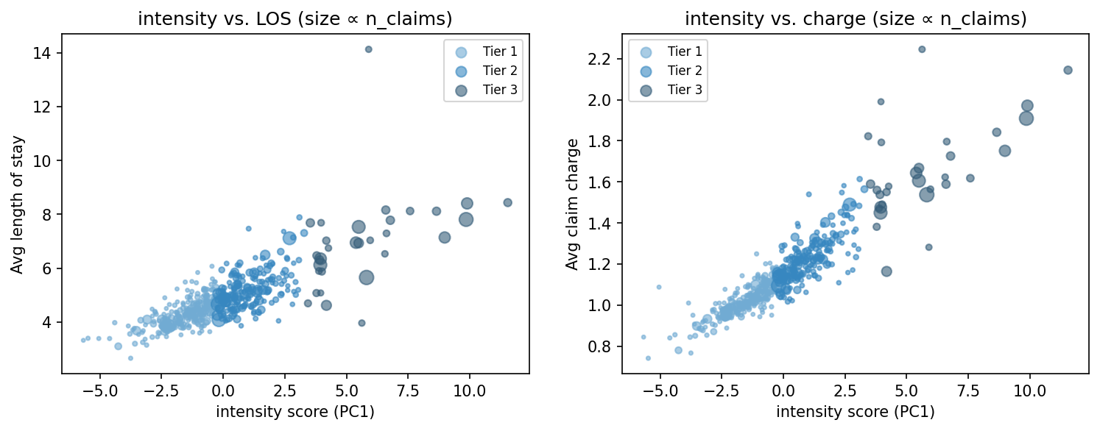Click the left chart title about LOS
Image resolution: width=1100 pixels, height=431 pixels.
click(295, 19)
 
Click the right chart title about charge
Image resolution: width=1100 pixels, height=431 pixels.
click(855, 19)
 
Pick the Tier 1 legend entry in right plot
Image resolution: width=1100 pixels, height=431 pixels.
click(684, 51)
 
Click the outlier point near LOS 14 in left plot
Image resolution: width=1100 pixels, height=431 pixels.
click(369, 49)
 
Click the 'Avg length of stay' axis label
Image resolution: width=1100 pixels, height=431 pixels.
click(17, 204)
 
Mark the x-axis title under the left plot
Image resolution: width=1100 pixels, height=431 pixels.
click(295, 412)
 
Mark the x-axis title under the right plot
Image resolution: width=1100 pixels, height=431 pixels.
click(855, 412)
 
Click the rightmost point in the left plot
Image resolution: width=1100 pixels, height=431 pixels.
click(507, 202)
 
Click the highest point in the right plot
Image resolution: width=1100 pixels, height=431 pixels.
click(922, 49)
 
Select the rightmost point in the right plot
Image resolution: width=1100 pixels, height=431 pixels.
click(1068, 70)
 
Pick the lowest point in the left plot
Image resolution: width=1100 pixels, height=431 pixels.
click(130, 358)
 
